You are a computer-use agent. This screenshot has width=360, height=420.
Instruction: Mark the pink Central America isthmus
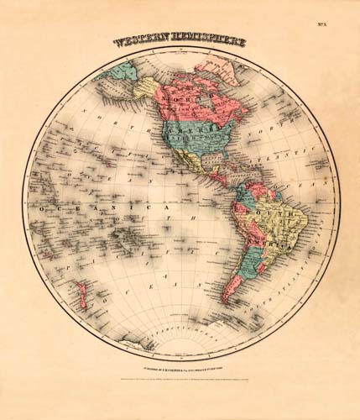(x=217, y=181)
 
